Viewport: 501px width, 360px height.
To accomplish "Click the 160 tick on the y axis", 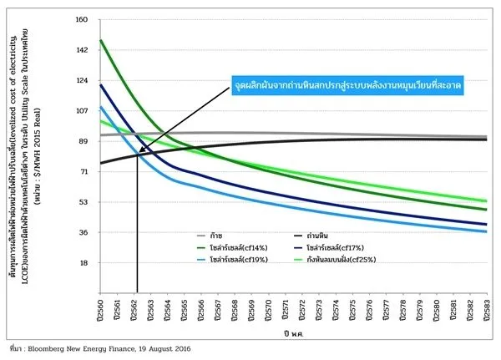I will pyautogui.click(x=82, y=20).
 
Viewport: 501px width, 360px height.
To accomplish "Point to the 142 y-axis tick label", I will pyautogui.click(x=82, y=50).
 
